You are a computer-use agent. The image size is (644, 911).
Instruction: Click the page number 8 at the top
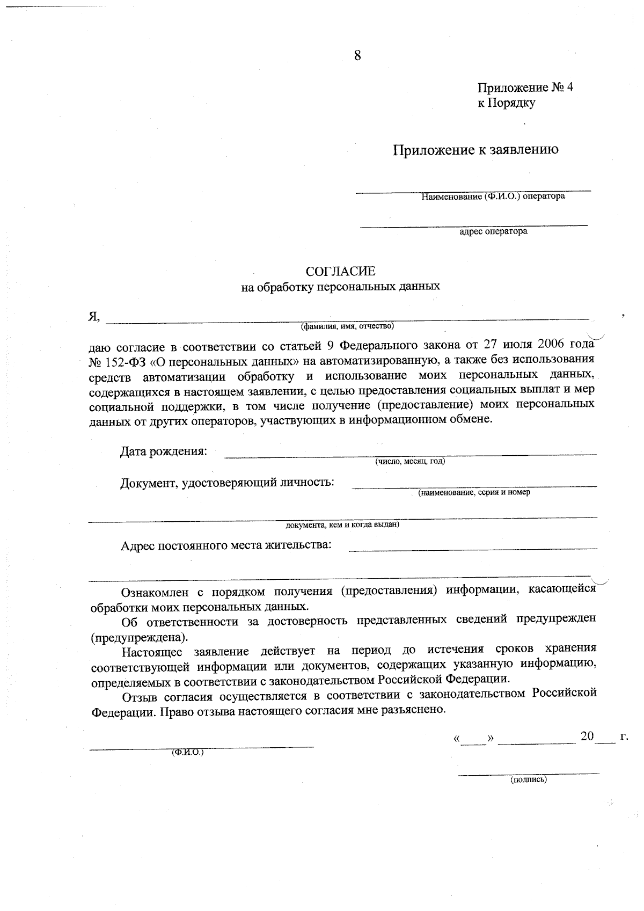point(357,55)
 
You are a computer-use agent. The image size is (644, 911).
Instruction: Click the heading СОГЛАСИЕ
point(340,271)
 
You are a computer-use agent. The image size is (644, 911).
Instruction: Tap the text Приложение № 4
point(525,88)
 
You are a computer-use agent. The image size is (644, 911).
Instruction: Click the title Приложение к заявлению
point(476,150)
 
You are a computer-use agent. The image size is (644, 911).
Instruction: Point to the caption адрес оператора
point(493,232)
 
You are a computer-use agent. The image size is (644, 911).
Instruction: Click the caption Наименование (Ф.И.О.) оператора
point(493,196)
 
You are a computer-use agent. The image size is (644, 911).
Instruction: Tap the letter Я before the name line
point(93,317)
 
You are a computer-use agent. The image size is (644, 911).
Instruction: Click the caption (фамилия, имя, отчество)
point(347,326)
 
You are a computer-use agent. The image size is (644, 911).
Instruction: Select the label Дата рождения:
point(163,451)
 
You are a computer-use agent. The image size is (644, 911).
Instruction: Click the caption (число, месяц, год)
point(410,461)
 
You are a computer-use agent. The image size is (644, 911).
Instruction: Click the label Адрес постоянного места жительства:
point(226,545)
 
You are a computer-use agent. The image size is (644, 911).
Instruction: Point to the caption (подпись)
point(528,779)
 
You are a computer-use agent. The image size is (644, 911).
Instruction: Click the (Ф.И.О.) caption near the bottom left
point(187,753)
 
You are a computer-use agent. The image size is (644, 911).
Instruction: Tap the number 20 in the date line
point(587,735)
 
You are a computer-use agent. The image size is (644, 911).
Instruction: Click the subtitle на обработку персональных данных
point(340,287)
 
